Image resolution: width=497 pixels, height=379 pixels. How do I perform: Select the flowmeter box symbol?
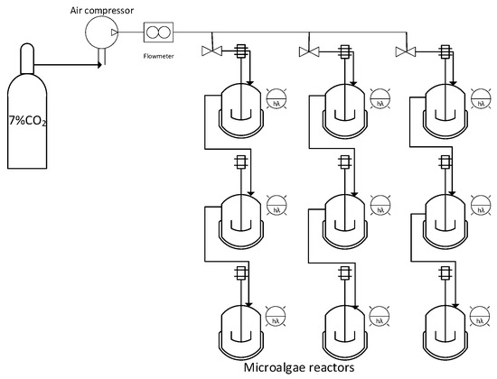159,33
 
